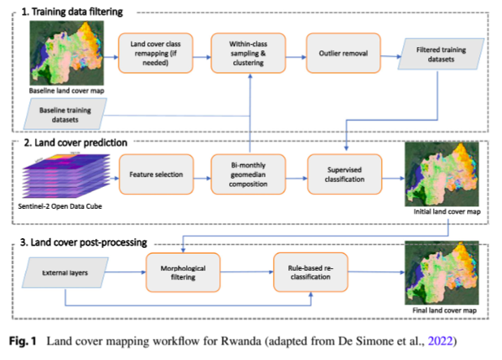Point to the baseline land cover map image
point(61,49)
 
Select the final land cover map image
point(443,272)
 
